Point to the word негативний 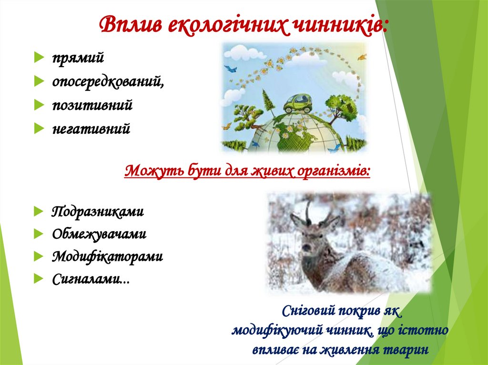click(91, 129)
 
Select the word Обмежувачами click(99, 234)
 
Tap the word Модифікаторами click(107, 257)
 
